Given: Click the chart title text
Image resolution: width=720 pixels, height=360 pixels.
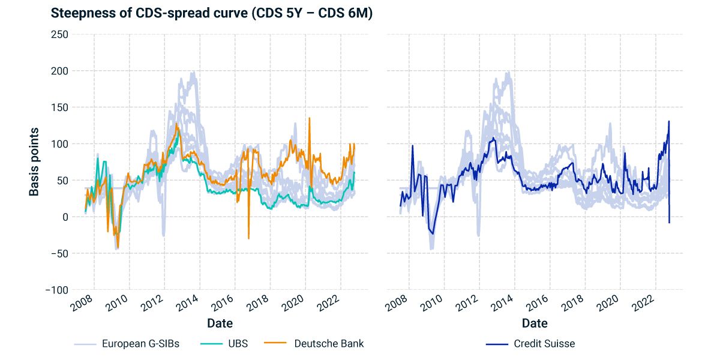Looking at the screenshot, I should [x=211, y=13].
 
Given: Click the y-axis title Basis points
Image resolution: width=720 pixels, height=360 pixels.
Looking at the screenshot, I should [x=35, y=161].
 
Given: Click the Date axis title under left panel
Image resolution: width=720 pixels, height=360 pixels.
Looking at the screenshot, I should [x=220, y=323].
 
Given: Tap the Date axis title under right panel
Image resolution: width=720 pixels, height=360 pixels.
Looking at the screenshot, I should [x=535, y=323].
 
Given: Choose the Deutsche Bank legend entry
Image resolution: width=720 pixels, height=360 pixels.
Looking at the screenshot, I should [x=329, y=344].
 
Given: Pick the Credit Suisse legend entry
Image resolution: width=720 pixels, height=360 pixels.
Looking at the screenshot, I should [x=544, y=344].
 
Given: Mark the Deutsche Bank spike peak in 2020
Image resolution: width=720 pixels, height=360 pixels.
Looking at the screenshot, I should [x=310, y=118].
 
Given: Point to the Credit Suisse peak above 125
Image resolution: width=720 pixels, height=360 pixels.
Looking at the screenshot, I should [x=669, y=121].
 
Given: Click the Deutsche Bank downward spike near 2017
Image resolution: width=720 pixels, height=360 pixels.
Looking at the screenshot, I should [x=248, y=238].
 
